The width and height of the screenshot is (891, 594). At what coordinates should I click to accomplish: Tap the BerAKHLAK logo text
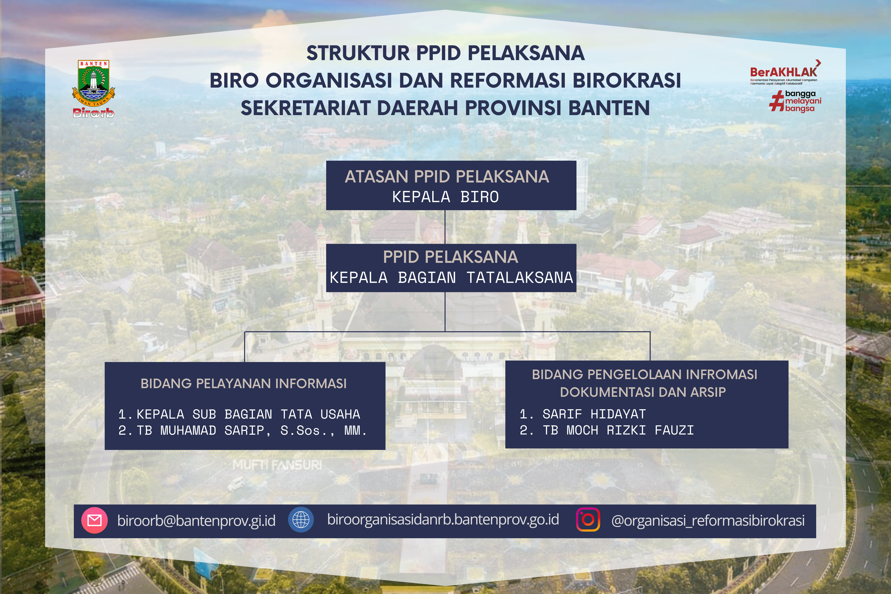[x=783, y=72]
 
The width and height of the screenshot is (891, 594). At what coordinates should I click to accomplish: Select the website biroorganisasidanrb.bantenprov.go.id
[x=443, y=519]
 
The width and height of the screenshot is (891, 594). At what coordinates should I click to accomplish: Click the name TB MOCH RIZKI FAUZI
[x=618, y=430]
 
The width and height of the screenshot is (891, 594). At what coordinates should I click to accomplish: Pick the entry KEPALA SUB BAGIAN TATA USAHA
[x=248, y=414]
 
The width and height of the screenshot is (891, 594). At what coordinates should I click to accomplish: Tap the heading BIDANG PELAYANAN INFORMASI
[x=244, y=383]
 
